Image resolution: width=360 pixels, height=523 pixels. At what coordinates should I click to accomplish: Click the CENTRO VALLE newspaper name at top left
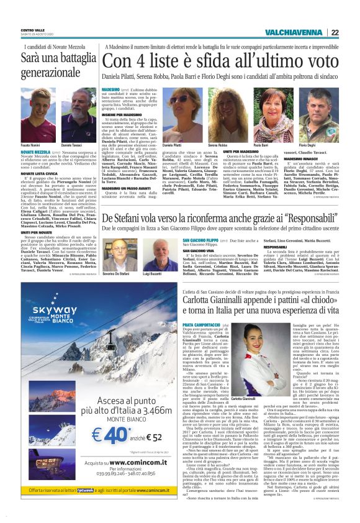pyautogui.click(x=32, y=29)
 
